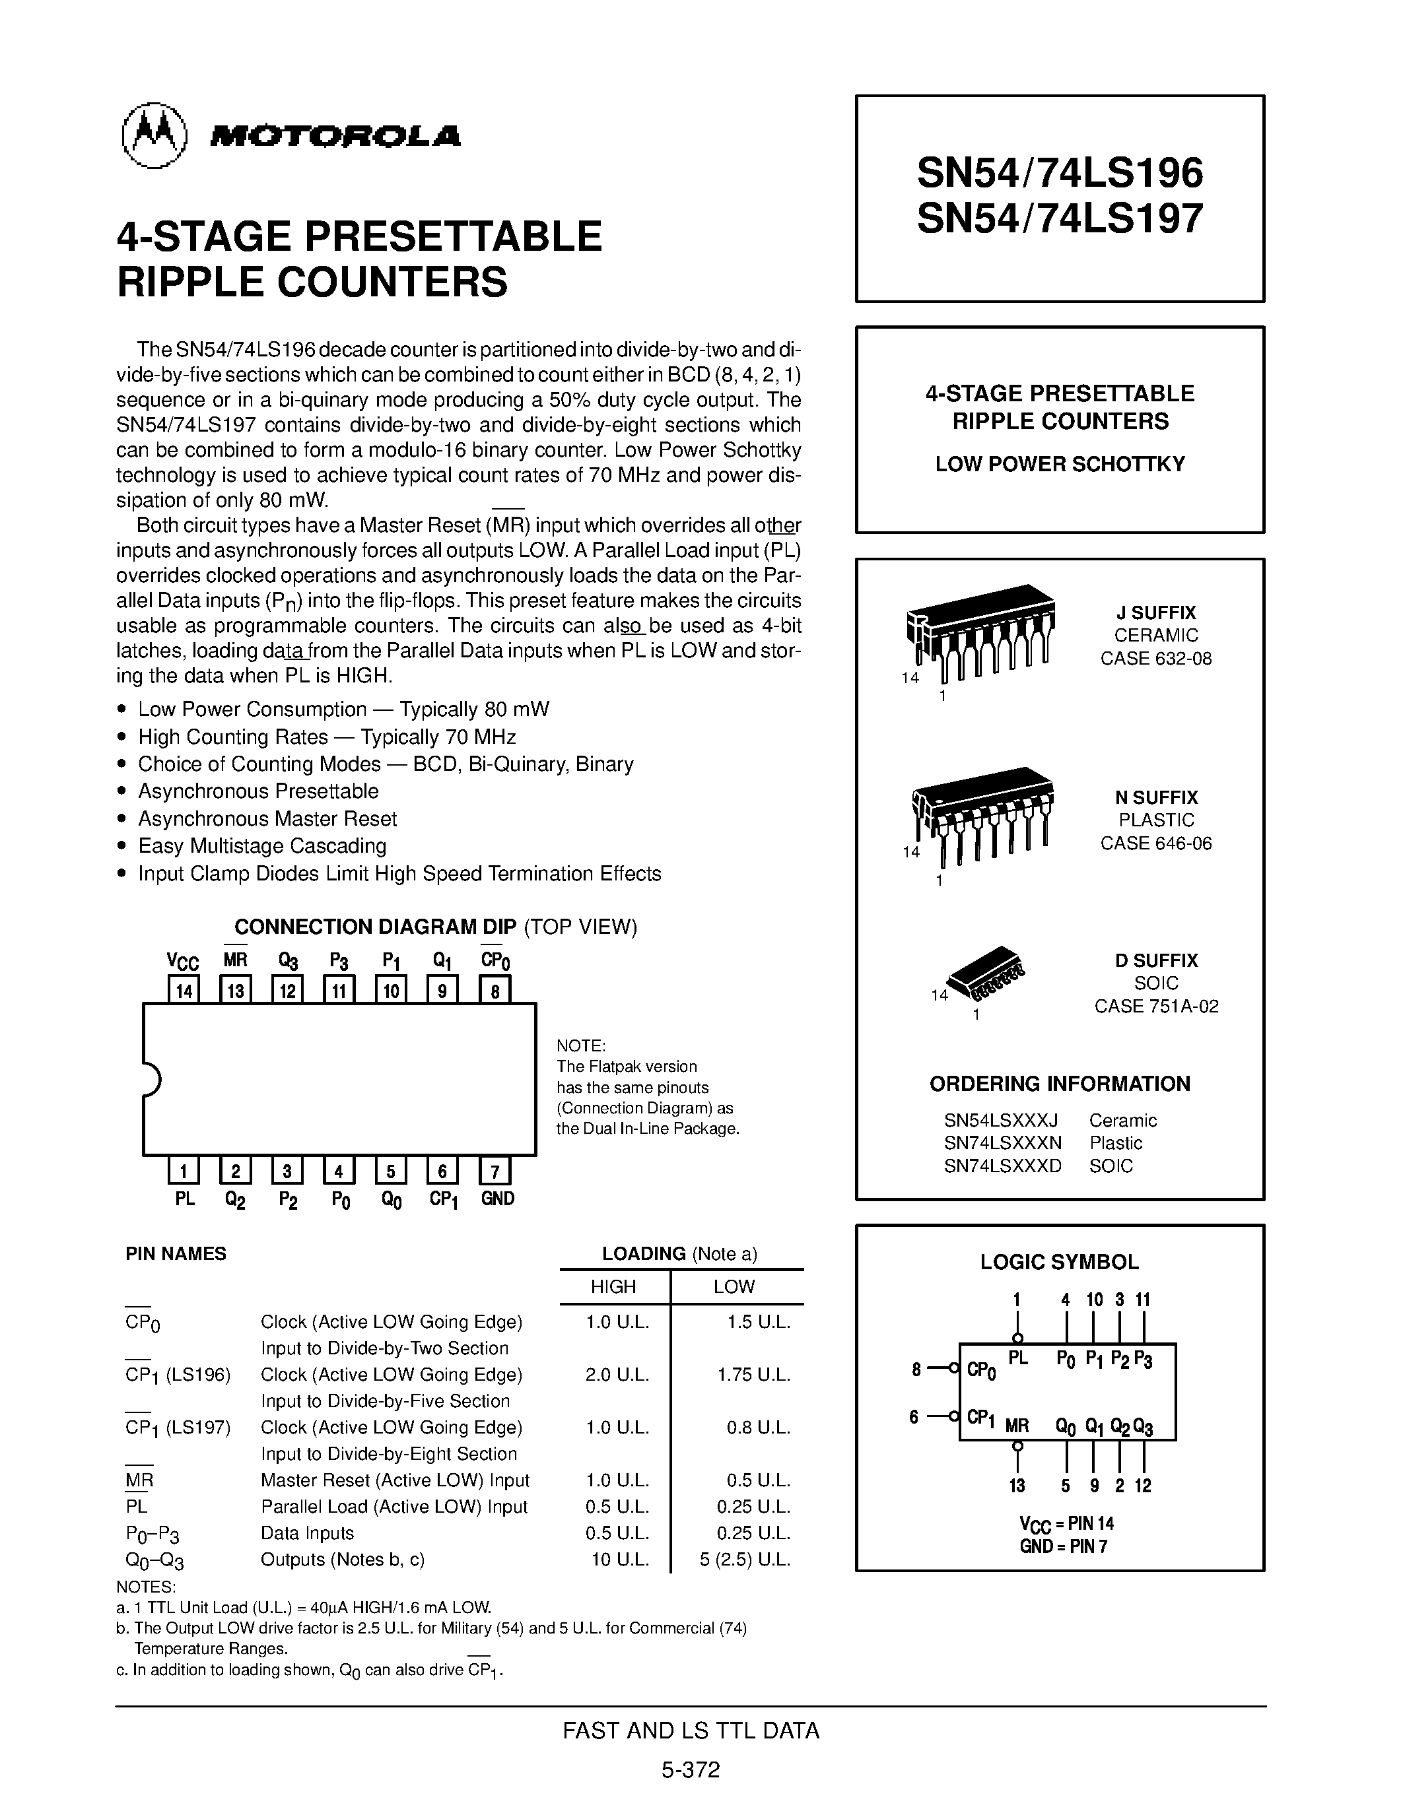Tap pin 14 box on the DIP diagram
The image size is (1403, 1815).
(184, 991)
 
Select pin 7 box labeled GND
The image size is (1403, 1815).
(495, 1171)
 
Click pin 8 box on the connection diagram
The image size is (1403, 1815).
(495, 991)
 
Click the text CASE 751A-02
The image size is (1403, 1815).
(1156, 1006)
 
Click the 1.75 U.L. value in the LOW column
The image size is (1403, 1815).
(753, 1375)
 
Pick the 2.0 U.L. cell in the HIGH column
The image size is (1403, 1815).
(617, 1375)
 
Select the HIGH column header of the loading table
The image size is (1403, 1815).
(613, 1287)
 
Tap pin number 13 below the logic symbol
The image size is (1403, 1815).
(1017, 1486)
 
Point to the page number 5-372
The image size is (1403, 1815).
(691, 1770)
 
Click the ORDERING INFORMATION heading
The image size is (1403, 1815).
(1060, 1084)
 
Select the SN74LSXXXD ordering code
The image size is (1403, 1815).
(1002, 1166)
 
